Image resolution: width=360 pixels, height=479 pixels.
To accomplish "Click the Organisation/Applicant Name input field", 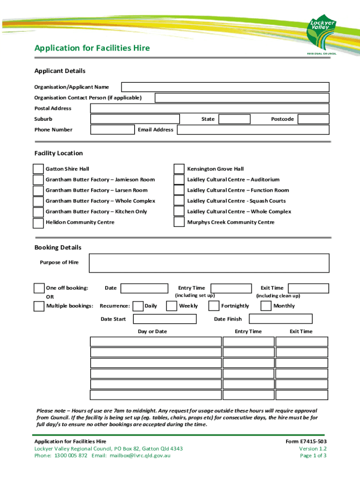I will click(225, 87).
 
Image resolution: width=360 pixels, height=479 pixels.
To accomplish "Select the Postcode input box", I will click(313, 119).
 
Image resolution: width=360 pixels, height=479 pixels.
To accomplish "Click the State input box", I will click(234, 119).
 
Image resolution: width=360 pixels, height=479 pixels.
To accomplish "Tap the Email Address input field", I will click(252, 130).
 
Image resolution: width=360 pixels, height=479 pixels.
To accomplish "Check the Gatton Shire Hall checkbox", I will click(38, 169).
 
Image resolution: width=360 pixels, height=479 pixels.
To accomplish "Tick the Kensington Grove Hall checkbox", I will click(179, 169).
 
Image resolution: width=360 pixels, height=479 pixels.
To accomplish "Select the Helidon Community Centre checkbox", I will click(38, 223).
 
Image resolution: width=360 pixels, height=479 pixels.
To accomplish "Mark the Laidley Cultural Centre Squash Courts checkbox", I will click(179, 201).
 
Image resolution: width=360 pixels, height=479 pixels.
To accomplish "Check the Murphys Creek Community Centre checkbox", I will click(179, 223).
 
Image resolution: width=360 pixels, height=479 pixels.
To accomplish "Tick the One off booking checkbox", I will click(39, 288).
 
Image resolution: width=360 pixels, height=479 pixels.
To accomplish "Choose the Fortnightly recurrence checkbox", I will click(214, 306).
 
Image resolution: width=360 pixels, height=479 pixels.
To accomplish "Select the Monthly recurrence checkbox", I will click(266, 306).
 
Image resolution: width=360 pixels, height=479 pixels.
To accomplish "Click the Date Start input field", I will click(165, 319).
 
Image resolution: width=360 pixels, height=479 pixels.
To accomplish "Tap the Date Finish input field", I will click(281, 319).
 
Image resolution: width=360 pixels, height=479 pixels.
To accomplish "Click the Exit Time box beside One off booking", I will click(309, 288).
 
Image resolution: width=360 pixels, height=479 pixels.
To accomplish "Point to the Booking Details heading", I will click(58, 247).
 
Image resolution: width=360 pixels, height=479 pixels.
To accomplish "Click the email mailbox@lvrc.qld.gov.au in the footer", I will click(140, 456).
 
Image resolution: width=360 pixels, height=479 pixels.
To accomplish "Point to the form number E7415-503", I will click(306, 442).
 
